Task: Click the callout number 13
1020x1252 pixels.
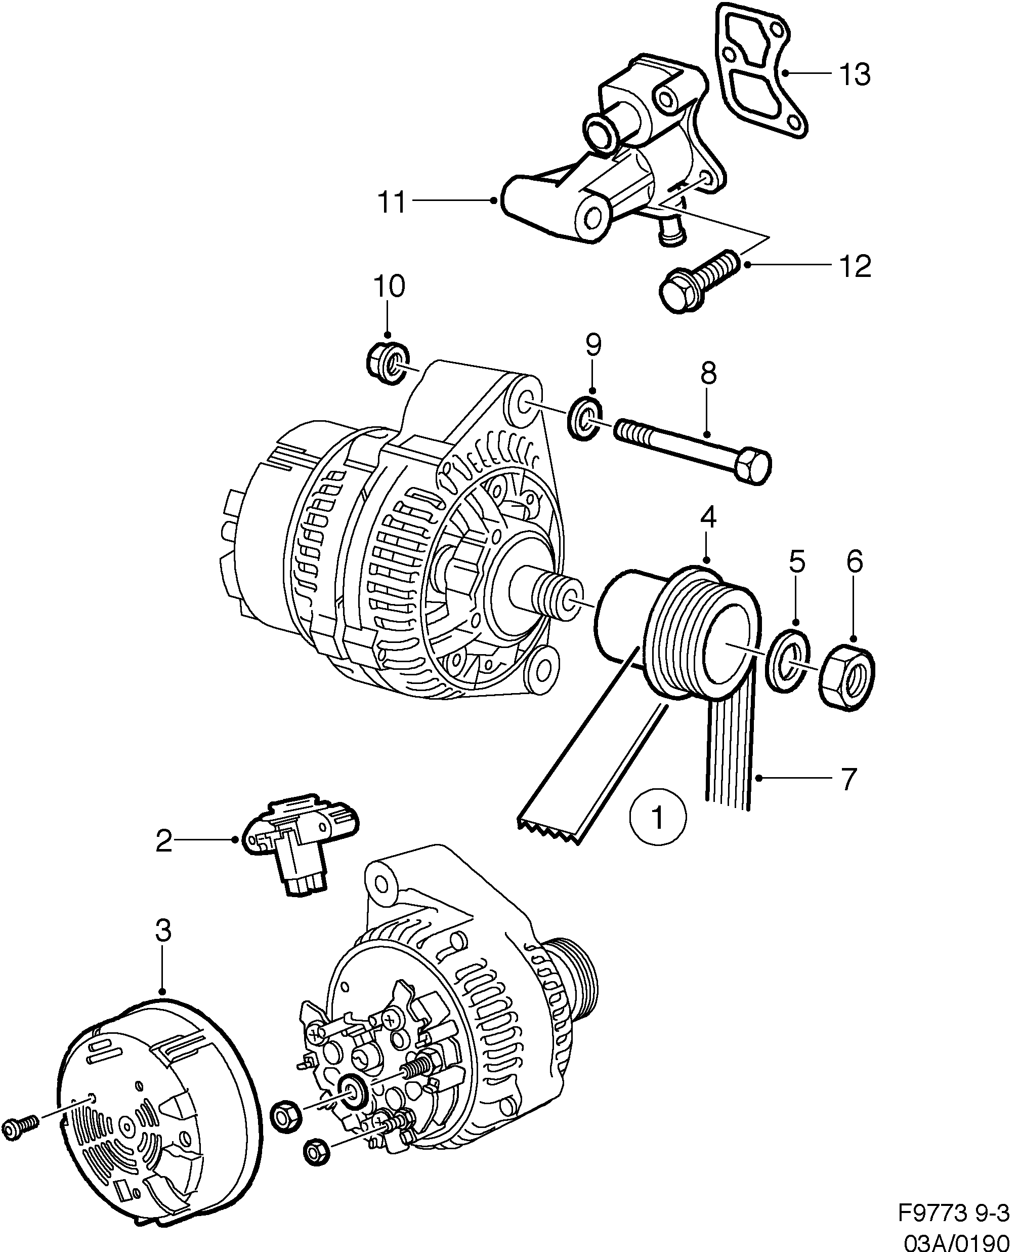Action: pyautogui.click(x=855, y=75)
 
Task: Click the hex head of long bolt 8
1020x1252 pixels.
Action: pyautogui.click(x=752, y=467)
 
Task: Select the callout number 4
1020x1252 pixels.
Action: pyautogui.click(x=709, y=518)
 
